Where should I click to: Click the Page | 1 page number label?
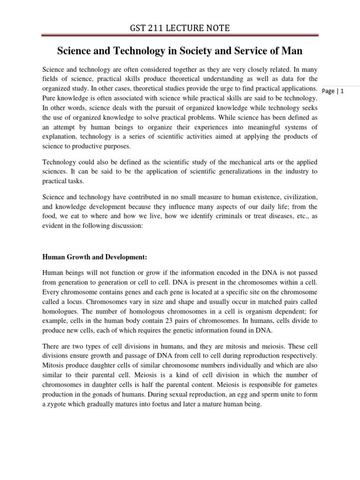tap(333, 91)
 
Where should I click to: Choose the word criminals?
tap(223, 215)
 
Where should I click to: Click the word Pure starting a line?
tap(50, 98)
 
